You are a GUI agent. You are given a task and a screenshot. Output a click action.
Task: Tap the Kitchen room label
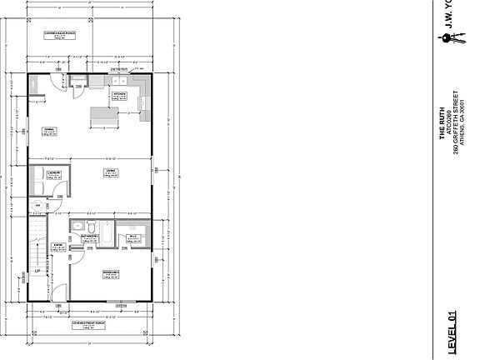[119, 94]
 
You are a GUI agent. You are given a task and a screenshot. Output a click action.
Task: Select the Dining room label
[48, 129]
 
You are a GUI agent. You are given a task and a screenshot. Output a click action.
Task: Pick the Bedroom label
[112, 273]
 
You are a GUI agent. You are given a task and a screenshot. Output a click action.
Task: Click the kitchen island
[103, 116]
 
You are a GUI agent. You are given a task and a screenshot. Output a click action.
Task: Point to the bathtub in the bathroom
[105, 227]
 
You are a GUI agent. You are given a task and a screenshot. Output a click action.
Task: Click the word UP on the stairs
[36, 272]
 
